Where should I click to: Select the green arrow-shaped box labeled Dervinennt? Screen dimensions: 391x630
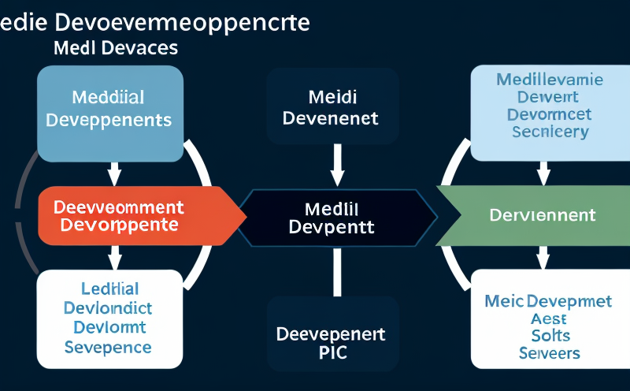pyautogui.click(x=535, y=215)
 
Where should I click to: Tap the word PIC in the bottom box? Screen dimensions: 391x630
pyautogui.click(x=330, y=353)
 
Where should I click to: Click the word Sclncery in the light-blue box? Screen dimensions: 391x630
pyautogui.click(x=550, y=132)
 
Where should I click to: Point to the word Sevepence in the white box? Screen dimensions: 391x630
pyautogui.click(x=108, y=347)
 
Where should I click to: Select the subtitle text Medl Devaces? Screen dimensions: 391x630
pyautogui.click(x=116, y=48)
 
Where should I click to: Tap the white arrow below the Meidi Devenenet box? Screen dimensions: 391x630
pyautogui.click(x=337, y=164)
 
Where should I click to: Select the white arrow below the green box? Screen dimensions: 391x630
pyautogui.click(x=543, y=256)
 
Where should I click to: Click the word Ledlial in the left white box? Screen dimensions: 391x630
pyautogui.click(x=109, y=289)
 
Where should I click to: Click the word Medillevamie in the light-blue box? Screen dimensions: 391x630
pyautogui.click(x=550, y=80)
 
